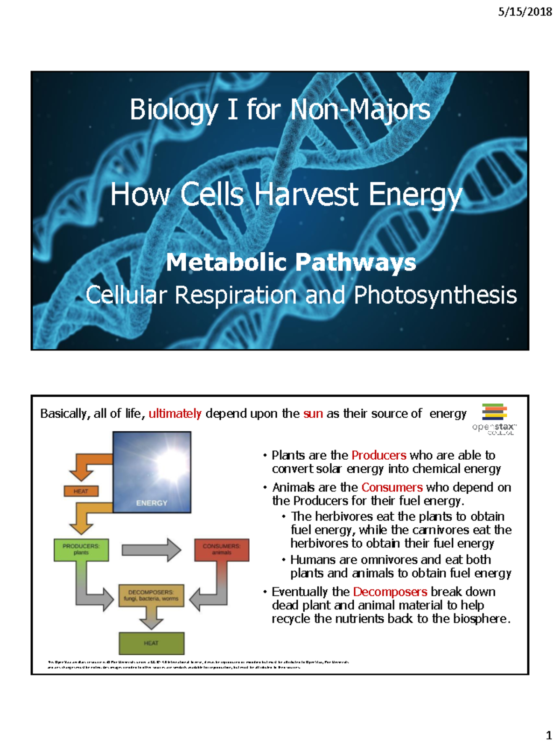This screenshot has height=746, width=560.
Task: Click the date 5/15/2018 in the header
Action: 525,12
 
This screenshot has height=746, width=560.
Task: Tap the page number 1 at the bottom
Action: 549,735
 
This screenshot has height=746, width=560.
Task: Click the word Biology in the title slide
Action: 174,110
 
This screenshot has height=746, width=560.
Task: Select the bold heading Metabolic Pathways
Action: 291,262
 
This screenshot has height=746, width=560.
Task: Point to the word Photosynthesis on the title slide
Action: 435,295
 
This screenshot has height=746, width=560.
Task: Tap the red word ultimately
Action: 175,414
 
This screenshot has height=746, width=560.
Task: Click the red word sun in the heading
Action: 313,414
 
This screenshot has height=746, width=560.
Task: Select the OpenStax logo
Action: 494,418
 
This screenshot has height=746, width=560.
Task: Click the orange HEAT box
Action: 81,491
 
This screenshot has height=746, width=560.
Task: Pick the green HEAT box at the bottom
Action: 151,643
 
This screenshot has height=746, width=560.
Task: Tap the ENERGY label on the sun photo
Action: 152,503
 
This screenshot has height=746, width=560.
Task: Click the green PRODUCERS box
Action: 81,549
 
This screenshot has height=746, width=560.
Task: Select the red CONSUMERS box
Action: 222,549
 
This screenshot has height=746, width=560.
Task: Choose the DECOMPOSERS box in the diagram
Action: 151,595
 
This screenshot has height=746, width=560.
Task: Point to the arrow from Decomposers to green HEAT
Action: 151,619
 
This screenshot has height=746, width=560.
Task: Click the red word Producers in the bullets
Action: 378,455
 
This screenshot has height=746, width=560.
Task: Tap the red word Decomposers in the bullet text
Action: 390,592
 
